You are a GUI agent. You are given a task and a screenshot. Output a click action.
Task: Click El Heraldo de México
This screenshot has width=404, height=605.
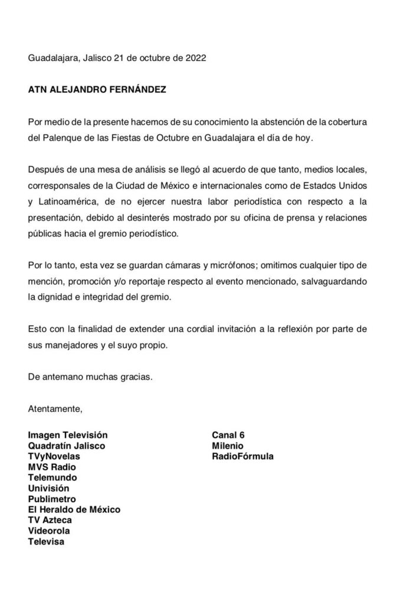click(x=74, y=509)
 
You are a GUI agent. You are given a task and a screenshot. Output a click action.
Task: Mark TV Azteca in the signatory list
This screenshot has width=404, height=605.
click(x=50, y=519)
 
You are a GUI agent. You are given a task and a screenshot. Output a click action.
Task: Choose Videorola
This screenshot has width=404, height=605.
click(x=50, y=530)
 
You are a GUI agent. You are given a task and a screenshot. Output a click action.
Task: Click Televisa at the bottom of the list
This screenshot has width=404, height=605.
click(x=47, y=541)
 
